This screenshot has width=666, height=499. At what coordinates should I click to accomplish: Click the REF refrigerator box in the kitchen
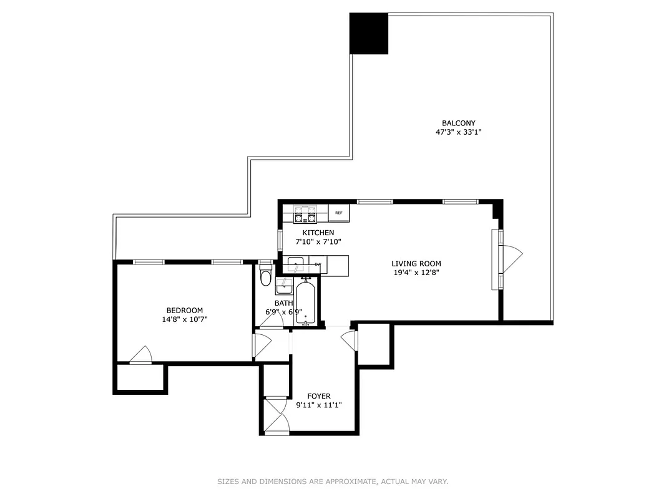point(339,213)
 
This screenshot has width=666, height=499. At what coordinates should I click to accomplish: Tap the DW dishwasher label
point(318,264)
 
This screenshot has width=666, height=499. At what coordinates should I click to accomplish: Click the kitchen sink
point(295,264)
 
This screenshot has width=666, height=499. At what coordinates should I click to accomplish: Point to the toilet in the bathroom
point(265,276)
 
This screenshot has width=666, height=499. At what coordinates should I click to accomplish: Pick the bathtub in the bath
point(305,303)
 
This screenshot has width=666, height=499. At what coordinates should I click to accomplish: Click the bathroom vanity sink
point(283,288)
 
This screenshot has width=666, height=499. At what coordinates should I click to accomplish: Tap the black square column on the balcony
point(369,33)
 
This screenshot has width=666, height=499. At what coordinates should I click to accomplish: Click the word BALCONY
point(458,124)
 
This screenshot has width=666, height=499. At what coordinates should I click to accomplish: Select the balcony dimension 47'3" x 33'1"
point(458,132)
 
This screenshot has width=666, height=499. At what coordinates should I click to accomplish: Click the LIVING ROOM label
point(416,264)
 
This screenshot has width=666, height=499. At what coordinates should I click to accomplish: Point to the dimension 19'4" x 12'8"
point(416,273)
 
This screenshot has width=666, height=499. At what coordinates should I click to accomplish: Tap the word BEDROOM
point(184,311)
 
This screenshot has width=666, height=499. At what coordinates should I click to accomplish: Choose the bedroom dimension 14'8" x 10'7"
point(184,319)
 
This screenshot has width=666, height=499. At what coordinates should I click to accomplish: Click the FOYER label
point(318,396)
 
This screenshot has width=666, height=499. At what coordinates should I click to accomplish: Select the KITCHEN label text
point(318,233)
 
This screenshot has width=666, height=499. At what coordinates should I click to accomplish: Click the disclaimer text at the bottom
point(333,482)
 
